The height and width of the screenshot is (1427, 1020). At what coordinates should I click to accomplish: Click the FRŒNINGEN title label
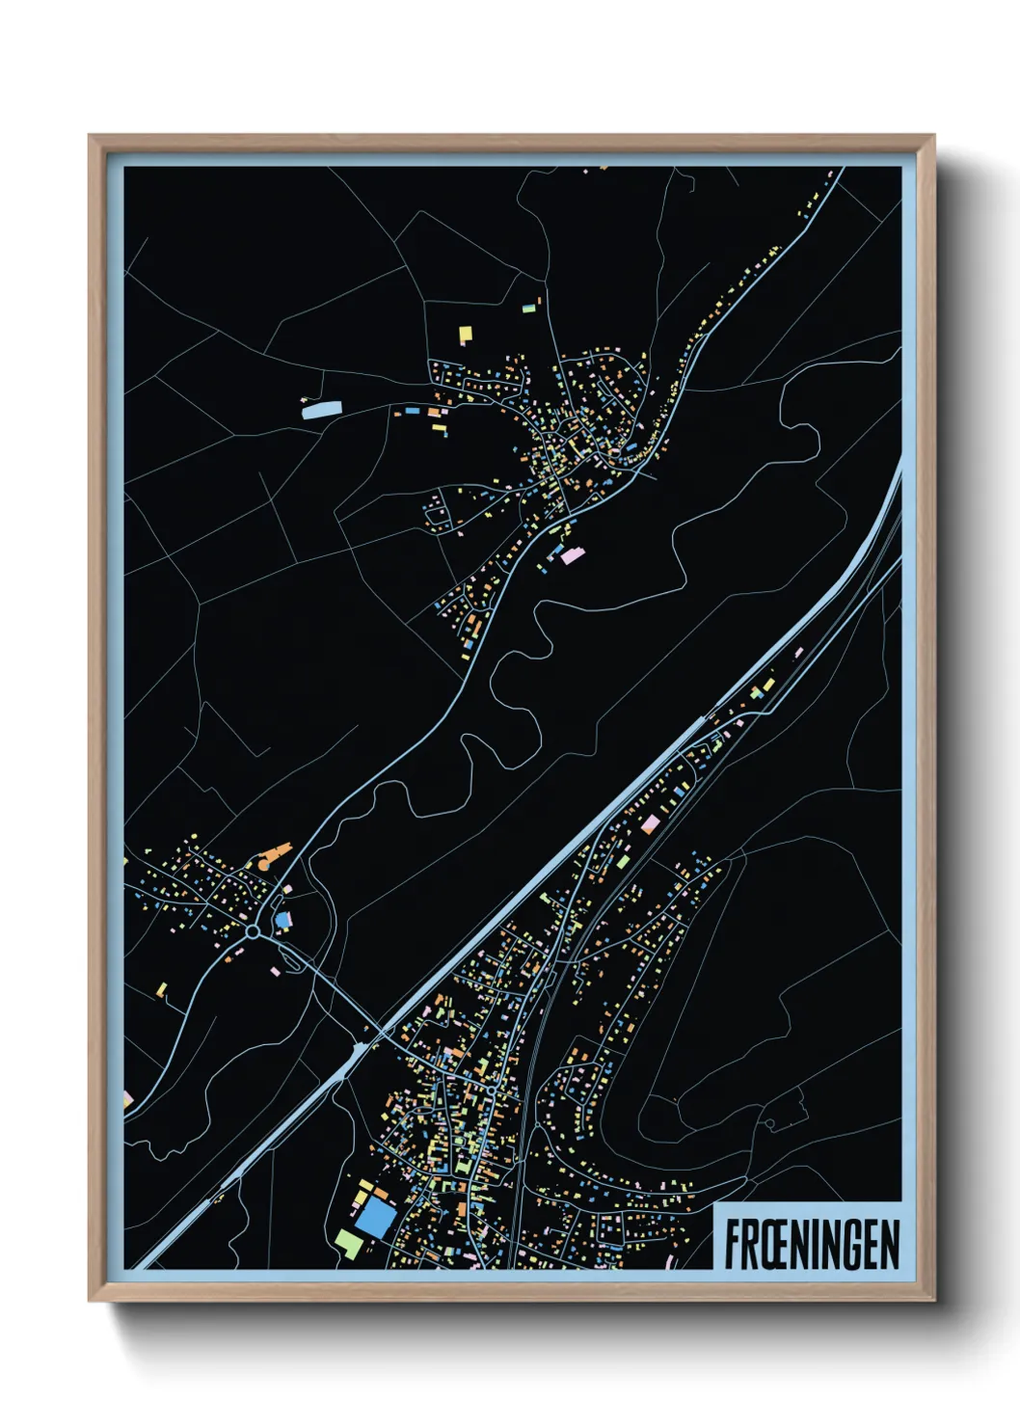(x=812, y=1245)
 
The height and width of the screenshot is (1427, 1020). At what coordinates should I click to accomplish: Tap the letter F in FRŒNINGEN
(x=733, y=1245)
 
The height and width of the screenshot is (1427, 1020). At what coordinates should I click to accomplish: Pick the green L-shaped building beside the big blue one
(x=349, y=1243)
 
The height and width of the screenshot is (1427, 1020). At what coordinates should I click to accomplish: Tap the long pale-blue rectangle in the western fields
(x=322, y=410)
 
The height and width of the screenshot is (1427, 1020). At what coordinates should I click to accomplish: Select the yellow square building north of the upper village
(x=466, y=334)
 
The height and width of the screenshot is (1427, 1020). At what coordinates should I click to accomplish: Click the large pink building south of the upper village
(x=573, y=555)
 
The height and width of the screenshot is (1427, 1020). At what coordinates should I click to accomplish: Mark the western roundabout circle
(x=253, y=932)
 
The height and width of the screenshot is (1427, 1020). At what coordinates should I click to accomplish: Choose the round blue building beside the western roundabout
(x=282, y=920)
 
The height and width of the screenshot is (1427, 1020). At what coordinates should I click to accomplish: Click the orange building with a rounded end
(x=277, y=851)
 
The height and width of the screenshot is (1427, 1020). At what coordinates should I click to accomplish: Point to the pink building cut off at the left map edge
(x=128, y=1098)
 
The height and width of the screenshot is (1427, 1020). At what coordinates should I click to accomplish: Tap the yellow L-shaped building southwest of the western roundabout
(x=162, y=988)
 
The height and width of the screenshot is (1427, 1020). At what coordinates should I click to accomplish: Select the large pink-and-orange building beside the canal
(x=651, y=823)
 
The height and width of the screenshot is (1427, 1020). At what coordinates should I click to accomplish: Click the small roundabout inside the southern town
(x=491, y=1090)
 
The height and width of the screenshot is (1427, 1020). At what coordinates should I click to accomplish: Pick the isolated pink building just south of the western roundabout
(x=276, y=970)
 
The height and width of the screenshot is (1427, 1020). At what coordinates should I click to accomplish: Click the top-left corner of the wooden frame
(x=90, y=136)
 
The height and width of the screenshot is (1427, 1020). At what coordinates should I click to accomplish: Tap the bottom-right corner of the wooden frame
(x=933, y=1300)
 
